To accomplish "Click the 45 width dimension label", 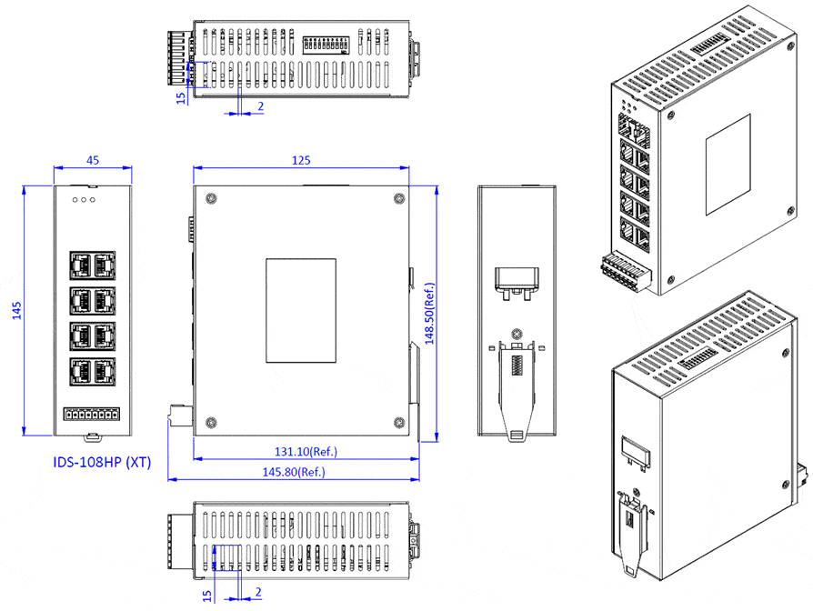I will pos(93,160).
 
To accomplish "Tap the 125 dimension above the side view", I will pos(302,160).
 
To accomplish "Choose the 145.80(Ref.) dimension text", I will pos(293,472).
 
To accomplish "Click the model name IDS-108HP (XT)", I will pos(102,462).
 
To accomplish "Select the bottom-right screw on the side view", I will pos(398,422).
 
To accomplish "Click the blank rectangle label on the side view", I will pos(300,310).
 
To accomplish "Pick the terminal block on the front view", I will pos(92,415).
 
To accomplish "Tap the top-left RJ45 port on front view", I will pos(80,265).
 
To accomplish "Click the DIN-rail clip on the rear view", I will pos(516,382).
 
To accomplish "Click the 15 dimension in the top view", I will pos(181,95).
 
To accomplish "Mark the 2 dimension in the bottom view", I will pos(259,592).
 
